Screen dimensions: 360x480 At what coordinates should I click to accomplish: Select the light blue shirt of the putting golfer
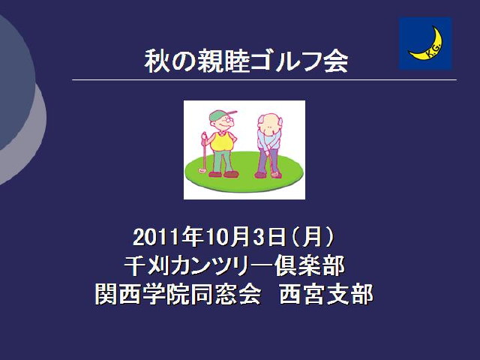coord(268,139)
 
